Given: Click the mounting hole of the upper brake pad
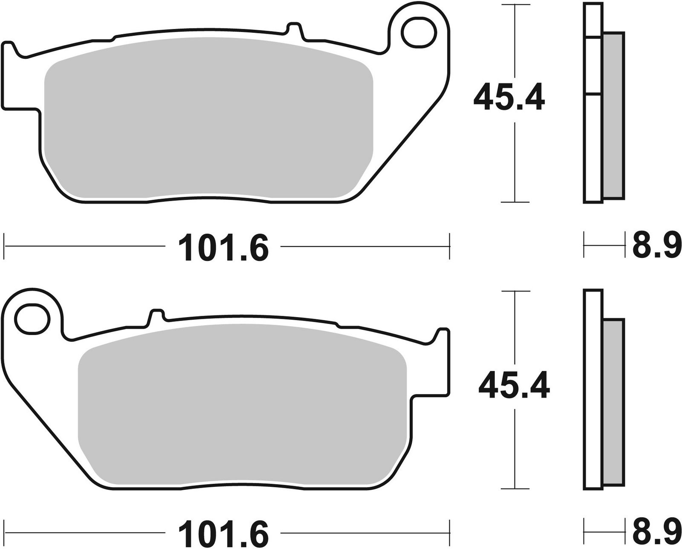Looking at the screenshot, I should pyautogui.click(x=419, y=32).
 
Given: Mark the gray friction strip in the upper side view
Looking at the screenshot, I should pyautogui.click(x=614, y=115).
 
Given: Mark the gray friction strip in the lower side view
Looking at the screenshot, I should pyautogui.click(x=614, y=403).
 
